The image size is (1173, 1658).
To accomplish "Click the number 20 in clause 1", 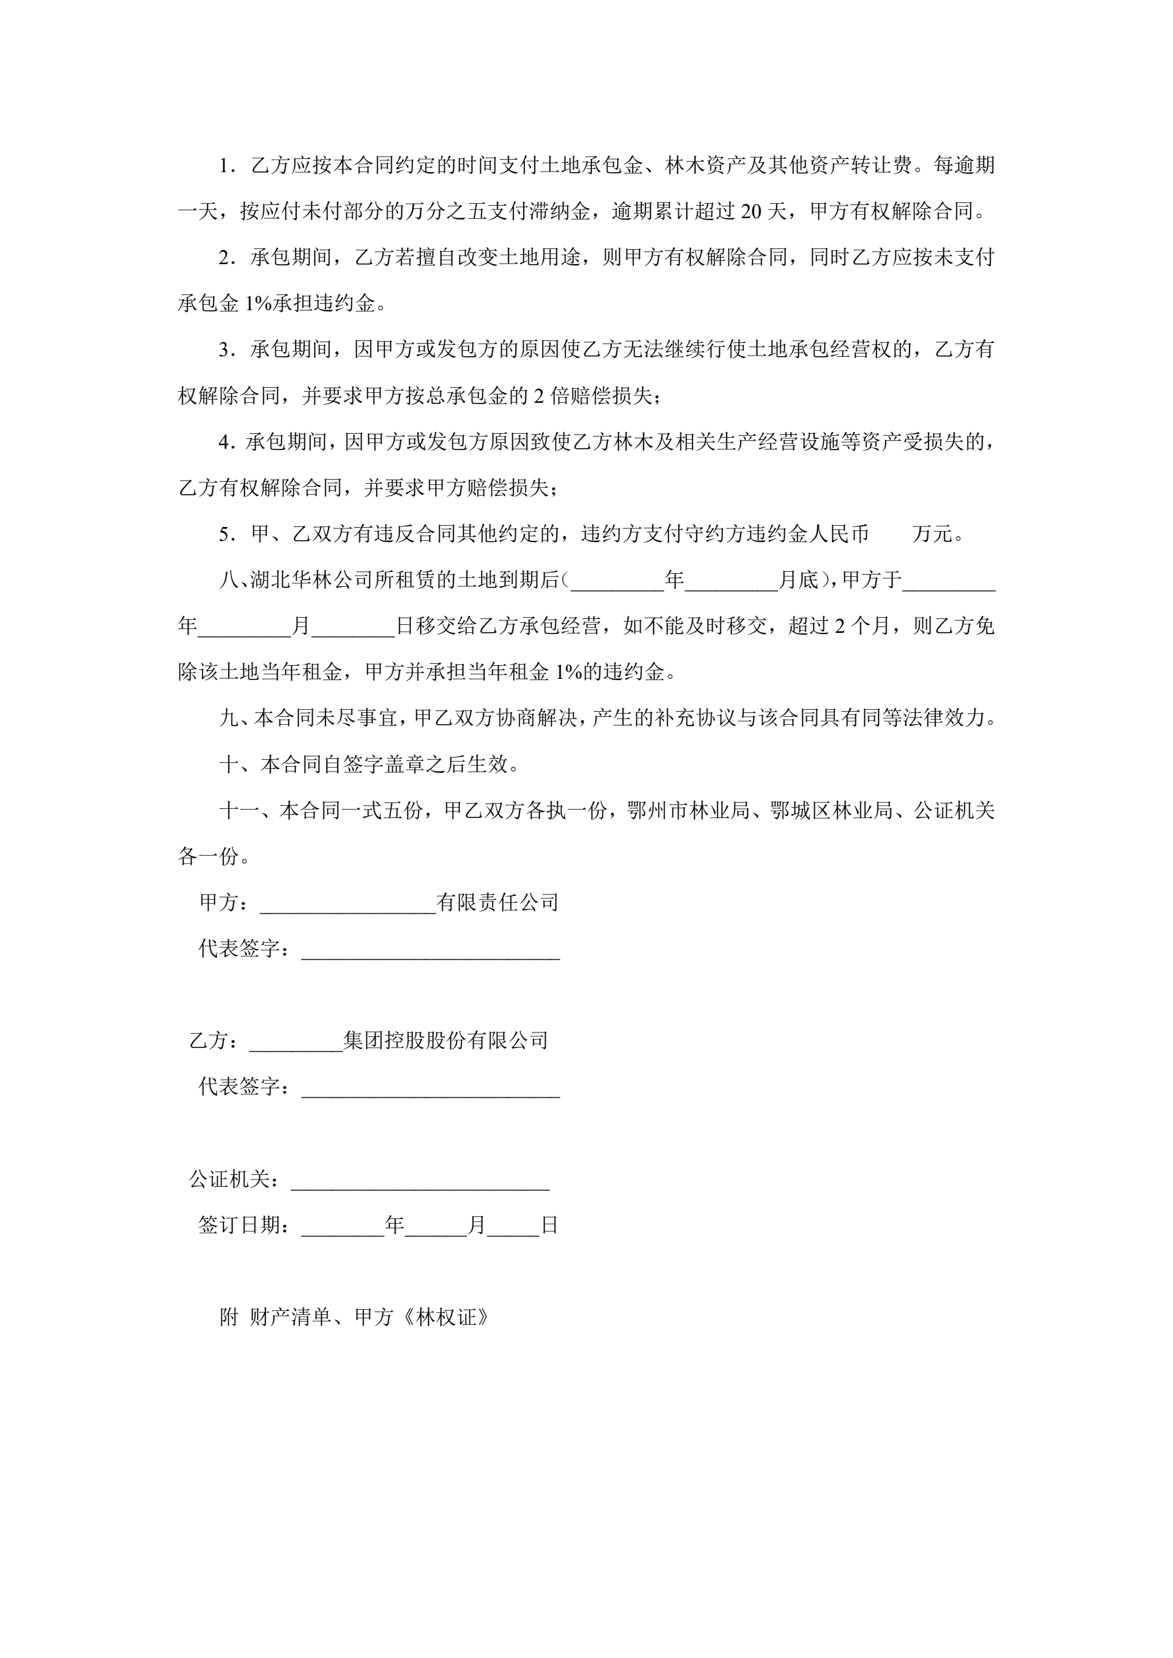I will (751, 212).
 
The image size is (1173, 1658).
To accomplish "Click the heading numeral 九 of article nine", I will (228, 718).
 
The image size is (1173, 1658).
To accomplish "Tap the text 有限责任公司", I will (497, 903).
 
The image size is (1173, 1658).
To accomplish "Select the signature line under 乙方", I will (430, 1088).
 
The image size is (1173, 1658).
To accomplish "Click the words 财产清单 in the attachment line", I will (290, 1318).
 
